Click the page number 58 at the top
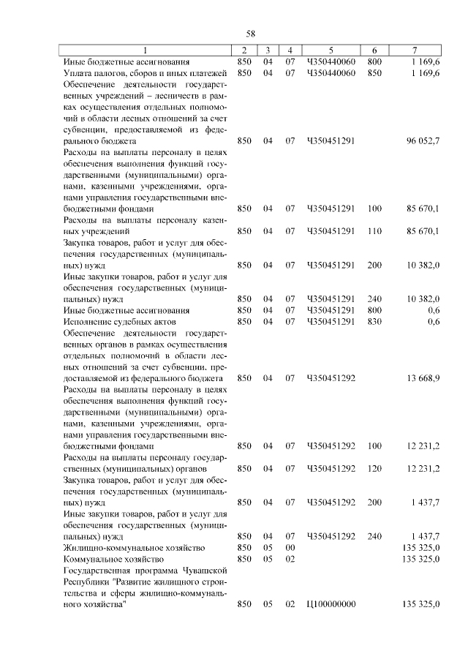click(x=250, y=34)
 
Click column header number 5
click(x=331, y=50)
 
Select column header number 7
click(x=415, y=50)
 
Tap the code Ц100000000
click(x=331, y=604)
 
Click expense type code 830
click(x=374, y=321)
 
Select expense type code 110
click(x=374, y=231)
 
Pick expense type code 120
click(x=374, y=468)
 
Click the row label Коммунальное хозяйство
click(x=109, y=559)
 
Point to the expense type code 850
click(x=374, y=73)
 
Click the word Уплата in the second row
click(x=78, y=73)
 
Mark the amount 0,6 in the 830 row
click(x=434, y=321)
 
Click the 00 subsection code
click(x=290, y=547)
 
